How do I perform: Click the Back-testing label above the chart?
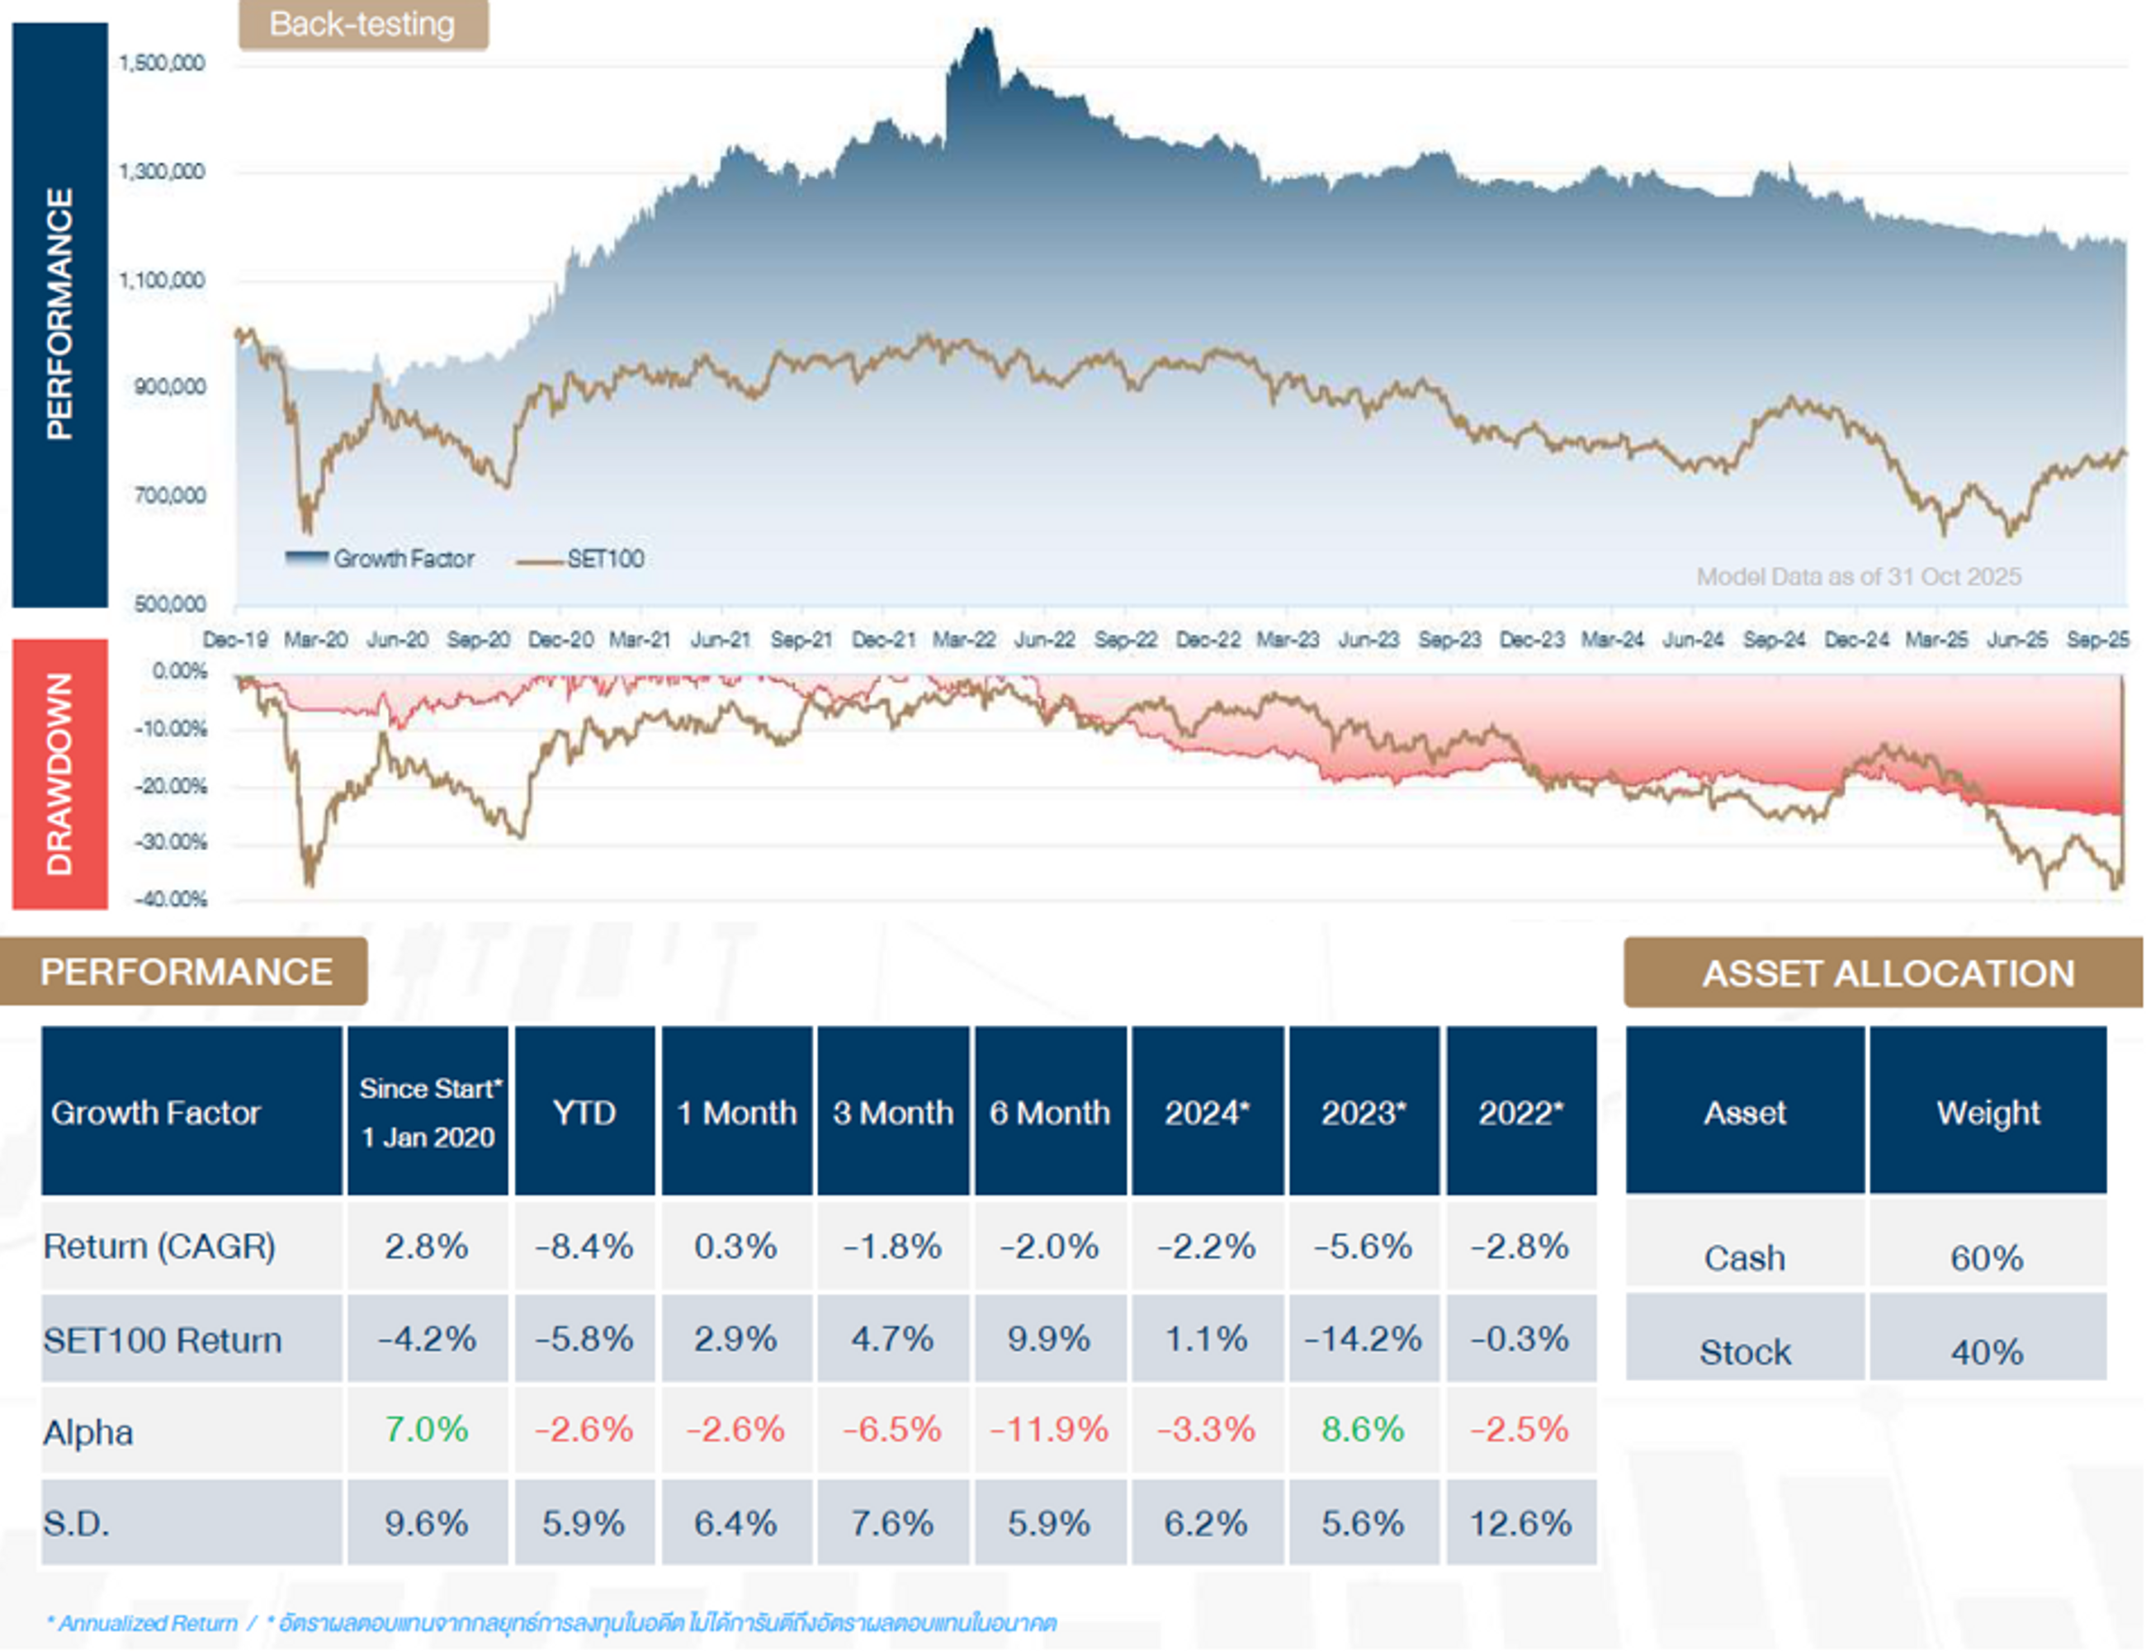(362, 25)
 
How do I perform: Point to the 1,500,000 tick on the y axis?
(162, 64)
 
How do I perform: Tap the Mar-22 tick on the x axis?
(963, 640)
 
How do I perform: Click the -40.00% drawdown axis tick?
(171, 899)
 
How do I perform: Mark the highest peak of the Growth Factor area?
(981, 31)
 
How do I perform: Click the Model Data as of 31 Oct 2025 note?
(1858, 577)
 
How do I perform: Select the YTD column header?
(584, 1113)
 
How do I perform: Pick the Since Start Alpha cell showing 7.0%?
(427, 1429)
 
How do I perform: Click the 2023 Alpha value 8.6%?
(1363, 1429)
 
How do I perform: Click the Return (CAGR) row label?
(159, 1247)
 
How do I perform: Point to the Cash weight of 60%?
(1987, 1258)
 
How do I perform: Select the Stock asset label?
(1745, 1352)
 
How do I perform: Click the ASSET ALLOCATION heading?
(1888, 973)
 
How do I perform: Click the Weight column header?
(1988, 1113)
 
